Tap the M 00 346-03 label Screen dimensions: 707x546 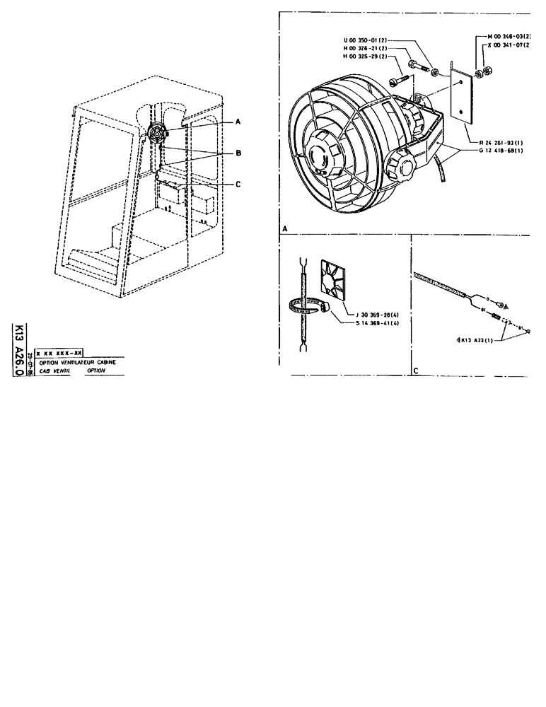510,35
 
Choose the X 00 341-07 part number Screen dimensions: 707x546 510,44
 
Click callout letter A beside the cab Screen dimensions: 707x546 238,122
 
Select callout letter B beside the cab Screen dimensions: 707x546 238,152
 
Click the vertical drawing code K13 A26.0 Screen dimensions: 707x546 19,351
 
